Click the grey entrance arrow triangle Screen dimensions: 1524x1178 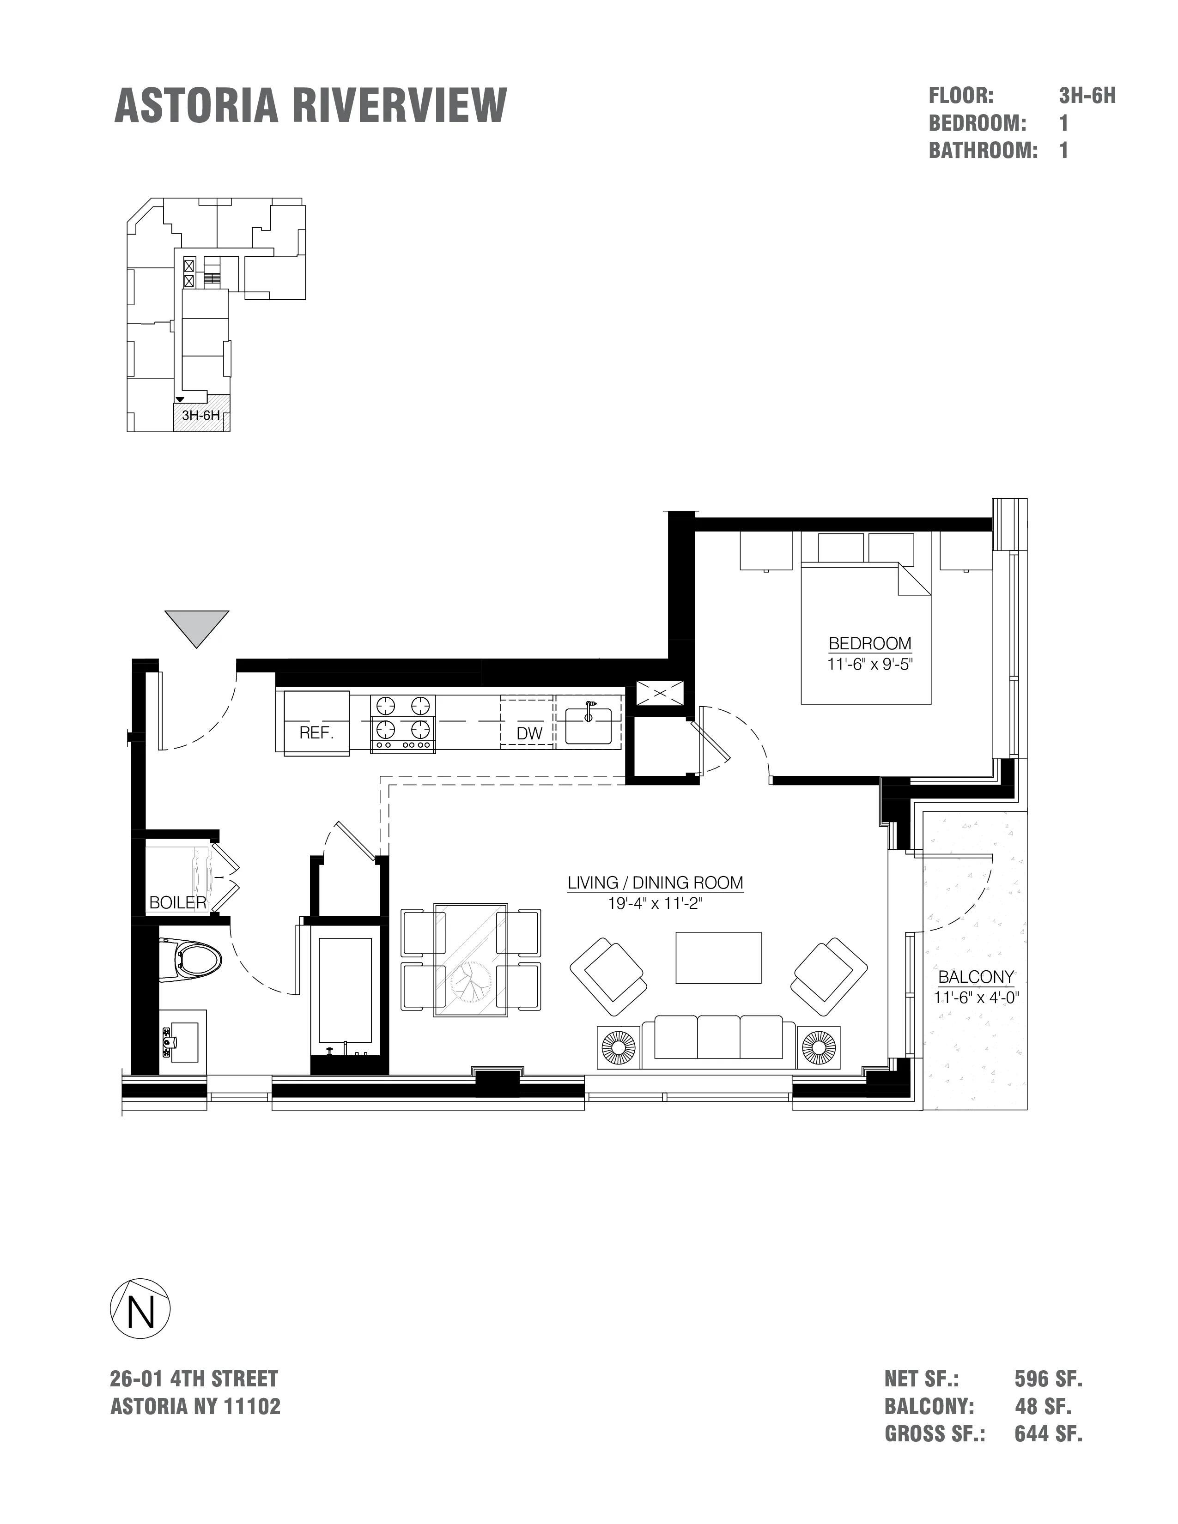pos(197,625)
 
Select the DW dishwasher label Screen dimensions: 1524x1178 pos(529,733)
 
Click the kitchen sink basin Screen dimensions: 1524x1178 pos(588,726)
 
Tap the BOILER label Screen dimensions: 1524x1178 pos(178,903)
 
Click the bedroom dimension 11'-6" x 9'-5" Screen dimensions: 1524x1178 pos(869,664)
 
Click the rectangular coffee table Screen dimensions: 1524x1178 pos(718,957)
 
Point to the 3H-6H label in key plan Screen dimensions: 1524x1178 pos(201,416)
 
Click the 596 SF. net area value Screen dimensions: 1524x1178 pos(1048,1379)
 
